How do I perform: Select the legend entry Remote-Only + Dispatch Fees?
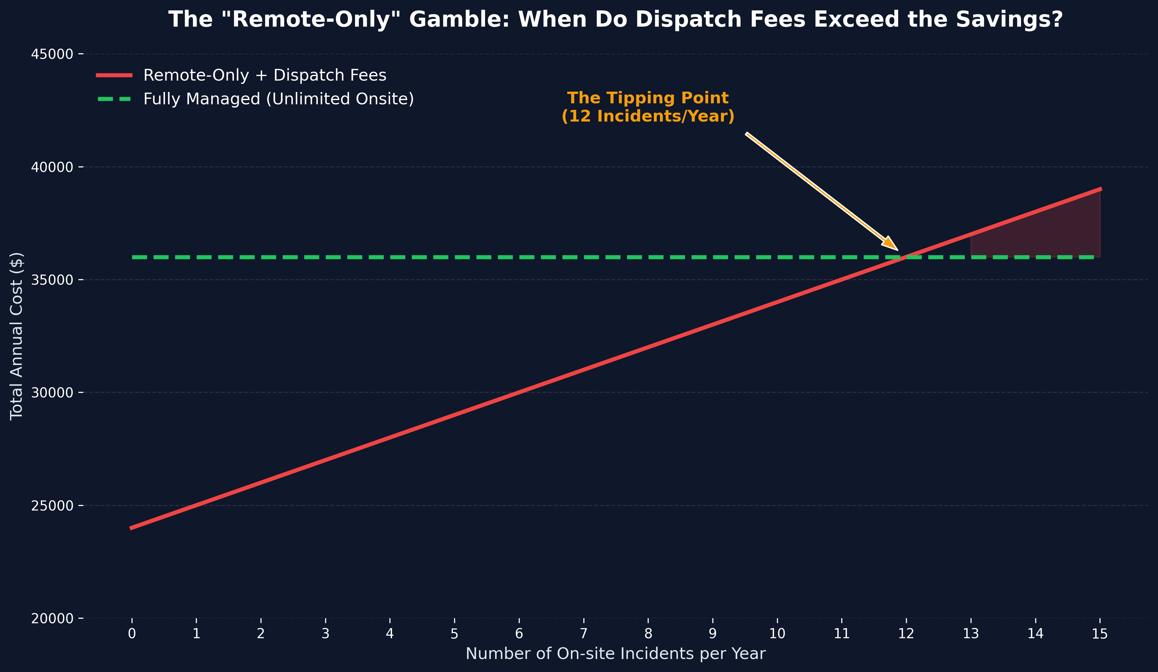(265, 75)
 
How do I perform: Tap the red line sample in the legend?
(114, 75)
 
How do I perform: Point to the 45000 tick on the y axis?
(52, 54)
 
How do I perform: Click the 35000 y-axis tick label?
(52, 280)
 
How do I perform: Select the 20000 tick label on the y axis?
(52, 619)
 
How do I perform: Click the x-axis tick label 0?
(132, 634)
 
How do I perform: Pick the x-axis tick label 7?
(584, 634)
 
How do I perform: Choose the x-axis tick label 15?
(1100, 634)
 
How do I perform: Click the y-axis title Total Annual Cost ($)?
(17, 336)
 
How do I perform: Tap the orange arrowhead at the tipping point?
(891, 244)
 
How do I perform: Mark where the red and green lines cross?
(906, 257)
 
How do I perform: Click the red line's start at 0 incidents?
(132, 528)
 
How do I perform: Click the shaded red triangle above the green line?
(1057, 234)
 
